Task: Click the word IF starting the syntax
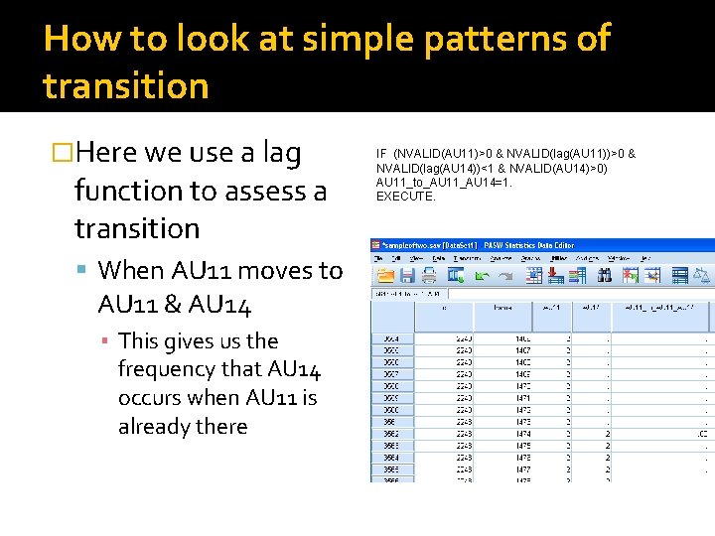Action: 381,154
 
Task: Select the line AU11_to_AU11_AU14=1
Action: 444,183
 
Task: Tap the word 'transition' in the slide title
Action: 126,86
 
